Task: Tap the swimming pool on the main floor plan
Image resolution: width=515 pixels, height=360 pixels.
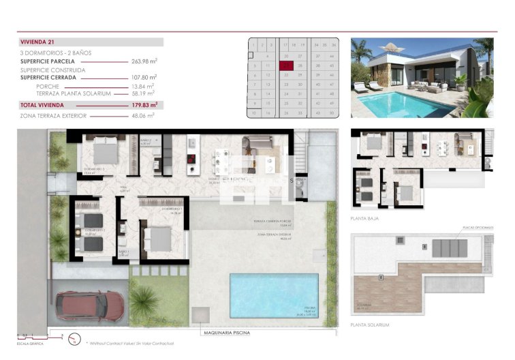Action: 273,295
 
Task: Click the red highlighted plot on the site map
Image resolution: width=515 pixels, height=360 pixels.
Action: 286,65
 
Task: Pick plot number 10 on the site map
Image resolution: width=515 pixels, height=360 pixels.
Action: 254,112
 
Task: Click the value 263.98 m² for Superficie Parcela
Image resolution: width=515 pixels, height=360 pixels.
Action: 144,61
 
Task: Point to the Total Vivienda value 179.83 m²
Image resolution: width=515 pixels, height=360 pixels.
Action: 144,106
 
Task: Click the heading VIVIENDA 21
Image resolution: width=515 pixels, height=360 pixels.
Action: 38,42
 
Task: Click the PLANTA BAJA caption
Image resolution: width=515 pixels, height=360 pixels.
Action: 364,219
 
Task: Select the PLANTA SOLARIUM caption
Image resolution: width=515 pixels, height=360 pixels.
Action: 369,325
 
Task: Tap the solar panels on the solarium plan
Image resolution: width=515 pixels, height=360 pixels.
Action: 450,247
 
